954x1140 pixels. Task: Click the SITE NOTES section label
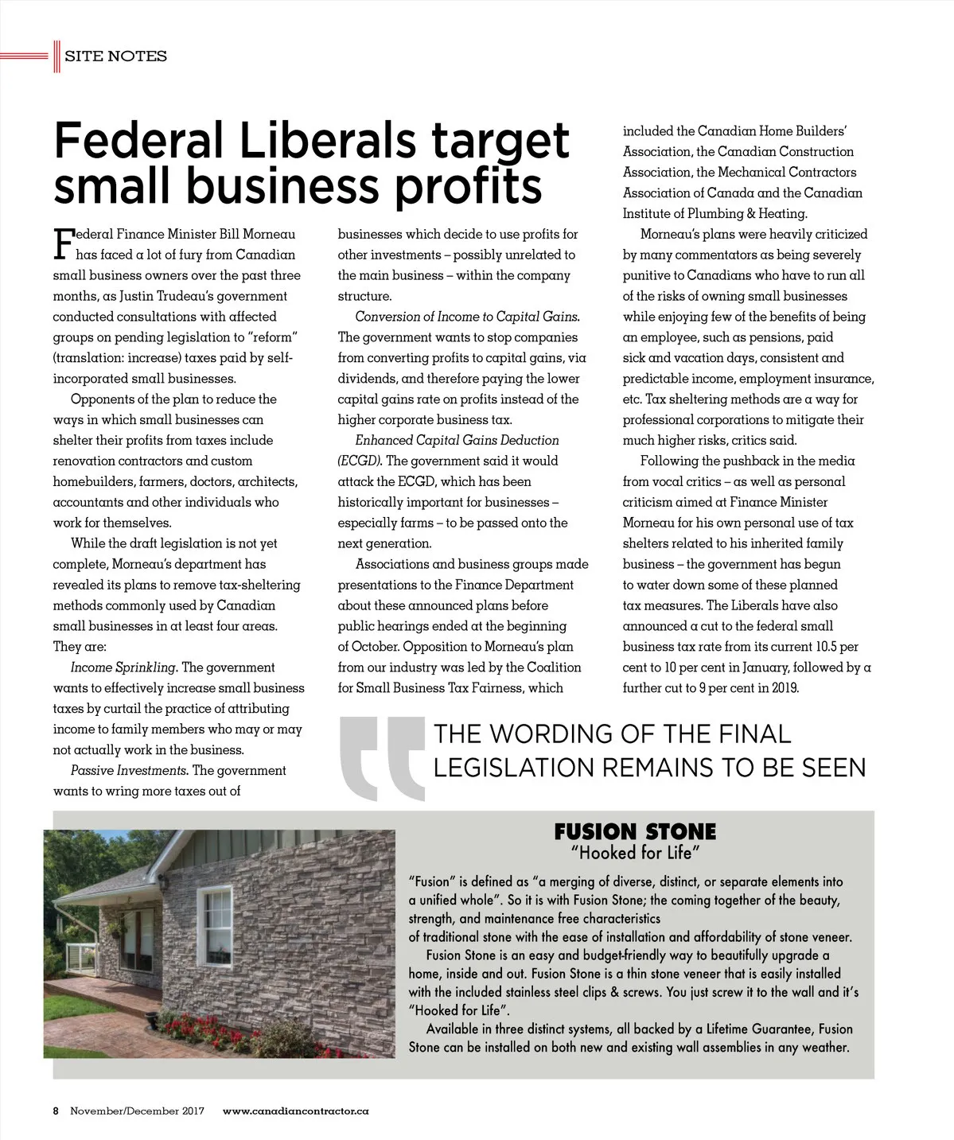coord(115,56)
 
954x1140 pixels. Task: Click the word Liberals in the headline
coord(327,141)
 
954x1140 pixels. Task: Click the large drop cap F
coord(63,243)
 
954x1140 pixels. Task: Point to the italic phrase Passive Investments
coord(129,770)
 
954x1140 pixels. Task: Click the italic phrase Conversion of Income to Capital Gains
coord(467,317)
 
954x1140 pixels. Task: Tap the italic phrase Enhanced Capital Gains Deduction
coord(457,440)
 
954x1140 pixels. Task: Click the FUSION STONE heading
coord(635,832)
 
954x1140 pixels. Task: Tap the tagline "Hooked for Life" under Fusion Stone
coord(635,854)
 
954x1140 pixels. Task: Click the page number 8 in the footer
coord(56,1111)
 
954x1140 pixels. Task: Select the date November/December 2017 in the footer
coord(137,1111)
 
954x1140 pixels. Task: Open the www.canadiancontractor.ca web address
coord(295,1111)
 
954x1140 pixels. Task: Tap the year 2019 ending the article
coord(785,688)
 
